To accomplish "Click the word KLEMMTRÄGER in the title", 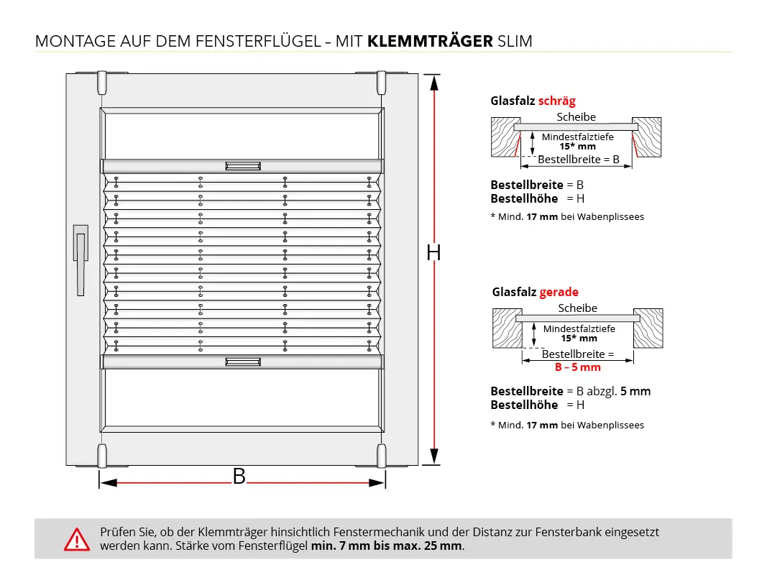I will click(x=430, y=41).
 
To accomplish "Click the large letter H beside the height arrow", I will click(x=433, y=252).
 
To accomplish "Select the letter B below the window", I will click(x=239, y=476).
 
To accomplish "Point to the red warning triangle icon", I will click(x=75, y=539).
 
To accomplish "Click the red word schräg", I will click(x=557, y=101).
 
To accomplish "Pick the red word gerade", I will click(x=559, y=292).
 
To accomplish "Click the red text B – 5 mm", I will click(x=577, y=367).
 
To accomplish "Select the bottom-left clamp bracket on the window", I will click(x=101, y=456).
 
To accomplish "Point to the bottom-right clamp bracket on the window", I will click(x=381, y=456).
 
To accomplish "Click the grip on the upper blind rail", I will click(x=242, y=166).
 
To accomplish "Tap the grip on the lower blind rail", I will click(x=242, y=362).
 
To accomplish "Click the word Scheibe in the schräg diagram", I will click(x=576, y=117).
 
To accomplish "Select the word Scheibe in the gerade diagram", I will click(x=577, y=308).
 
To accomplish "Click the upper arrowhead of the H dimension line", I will click(x=434, y=82).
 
